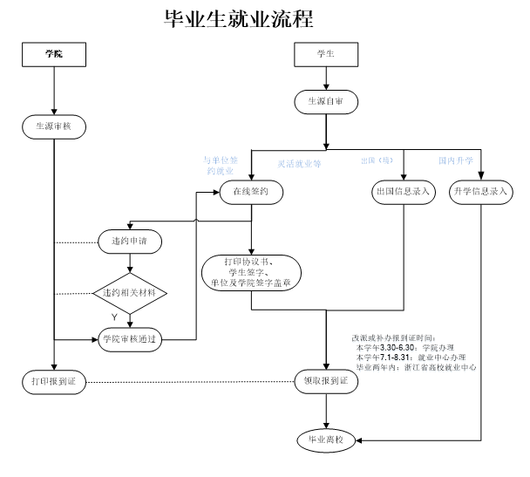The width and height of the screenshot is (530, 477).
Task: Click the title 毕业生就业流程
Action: click(238, 18)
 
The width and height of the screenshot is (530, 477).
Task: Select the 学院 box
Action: click(54, 54)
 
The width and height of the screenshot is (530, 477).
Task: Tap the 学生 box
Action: click(326, 54)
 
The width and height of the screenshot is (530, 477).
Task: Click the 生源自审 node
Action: click(326, 102)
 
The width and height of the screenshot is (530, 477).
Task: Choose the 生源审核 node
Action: click(53, 125)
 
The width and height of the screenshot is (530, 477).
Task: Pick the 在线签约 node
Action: click(250, 191)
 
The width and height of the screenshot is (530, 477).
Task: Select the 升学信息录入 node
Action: click(481, 191)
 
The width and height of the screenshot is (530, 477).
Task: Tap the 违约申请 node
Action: click(129, 239)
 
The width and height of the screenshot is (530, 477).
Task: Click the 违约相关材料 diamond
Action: click(129, 291)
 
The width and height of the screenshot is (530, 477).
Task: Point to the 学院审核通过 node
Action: click(129, 339)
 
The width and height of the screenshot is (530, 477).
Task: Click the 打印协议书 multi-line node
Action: click(251, 272)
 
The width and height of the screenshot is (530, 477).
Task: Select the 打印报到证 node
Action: click(53, 381)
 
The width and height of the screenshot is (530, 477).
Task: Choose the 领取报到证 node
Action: click(326, 381)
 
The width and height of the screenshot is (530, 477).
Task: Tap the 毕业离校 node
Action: click(326, 440)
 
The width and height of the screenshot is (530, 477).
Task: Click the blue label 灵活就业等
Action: click(300, 163)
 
